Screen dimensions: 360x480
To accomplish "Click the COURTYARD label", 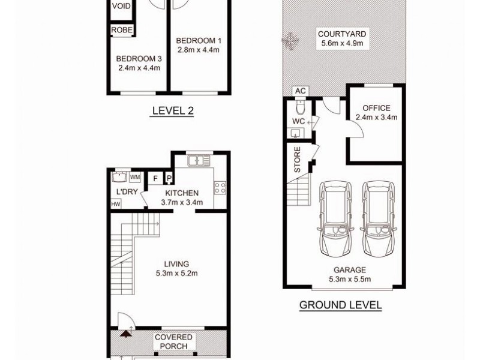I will pos(342,34).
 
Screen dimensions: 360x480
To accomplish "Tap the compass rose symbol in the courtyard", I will pos(290,41).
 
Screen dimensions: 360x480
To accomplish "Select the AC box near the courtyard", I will pos(301,91).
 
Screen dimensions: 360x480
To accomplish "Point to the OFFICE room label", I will pos(376,108).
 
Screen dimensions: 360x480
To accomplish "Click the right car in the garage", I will pos(377,220).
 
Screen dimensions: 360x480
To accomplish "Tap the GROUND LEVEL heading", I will pos(340,305).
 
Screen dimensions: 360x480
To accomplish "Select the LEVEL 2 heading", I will pos(173,110).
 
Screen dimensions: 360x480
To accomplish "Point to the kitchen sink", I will pos(197,160).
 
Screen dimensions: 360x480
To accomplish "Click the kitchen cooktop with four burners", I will pos(220,187).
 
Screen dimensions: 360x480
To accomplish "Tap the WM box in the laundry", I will pos(135,177).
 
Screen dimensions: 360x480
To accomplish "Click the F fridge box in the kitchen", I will pos(156,178).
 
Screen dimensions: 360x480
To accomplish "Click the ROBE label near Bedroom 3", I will pos(122,30).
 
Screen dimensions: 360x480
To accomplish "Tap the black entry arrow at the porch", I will pos(125,334).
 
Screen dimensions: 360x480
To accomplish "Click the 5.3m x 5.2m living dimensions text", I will pos(177,273).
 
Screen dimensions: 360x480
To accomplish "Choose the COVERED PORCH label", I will pos(173,341).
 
